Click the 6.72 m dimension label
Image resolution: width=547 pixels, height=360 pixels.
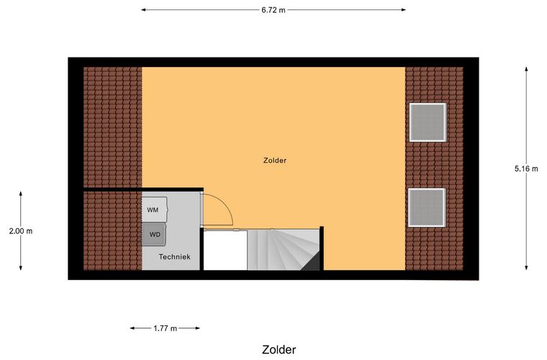coord(273,10)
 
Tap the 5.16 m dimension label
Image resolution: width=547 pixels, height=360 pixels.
coord(526,168)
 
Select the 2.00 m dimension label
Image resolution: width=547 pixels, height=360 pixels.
coord(21,231)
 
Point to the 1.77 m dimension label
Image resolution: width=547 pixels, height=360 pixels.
coord(165,328)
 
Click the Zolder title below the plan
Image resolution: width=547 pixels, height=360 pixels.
coord(279,349)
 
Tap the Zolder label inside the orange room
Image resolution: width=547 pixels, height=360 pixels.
coord(275,161)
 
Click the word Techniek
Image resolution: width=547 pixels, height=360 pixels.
coord(174,257)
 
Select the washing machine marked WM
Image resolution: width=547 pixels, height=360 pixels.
coord(154,210)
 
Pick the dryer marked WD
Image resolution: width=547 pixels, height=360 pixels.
coord(154,235)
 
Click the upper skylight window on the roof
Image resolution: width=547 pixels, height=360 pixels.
coord(428,122)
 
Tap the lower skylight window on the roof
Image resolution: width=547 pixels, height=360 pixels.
coord(427,207)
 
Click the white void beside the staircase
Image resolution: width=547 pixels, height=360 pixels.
coord(225,251)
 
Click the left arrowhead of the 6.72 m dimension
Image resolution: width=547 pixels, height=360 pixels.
coord(143,10)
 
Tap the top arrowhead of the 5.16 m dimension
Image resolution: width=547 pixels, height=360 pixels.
coord(526,69)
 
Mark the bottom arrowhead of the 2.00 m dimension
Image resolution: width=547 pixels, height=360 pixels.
coord(21,267)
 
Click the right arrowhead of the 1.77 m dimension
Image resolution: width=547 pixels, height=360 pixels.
coord(197,328)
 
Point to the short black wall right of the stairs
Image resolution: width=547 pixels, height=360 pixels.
coord(322,248)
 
